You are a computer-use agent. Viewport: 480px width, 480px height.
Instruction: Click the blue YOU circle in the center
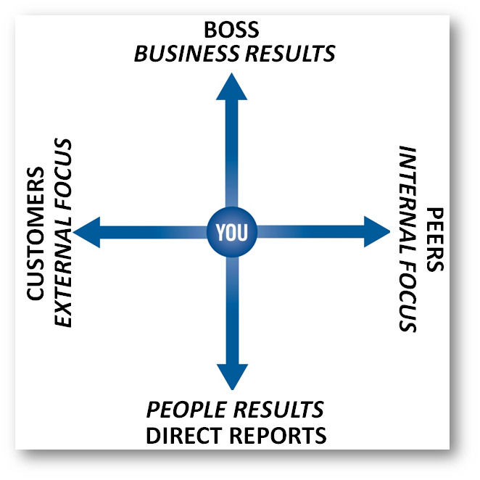[x=232, y=232]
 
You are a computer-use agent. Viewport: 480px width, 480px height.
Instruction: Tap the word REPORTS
[x=277, y=435]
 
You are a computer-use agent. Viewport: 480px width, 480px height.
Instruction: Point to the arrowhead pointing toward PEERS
[x=377, y=232]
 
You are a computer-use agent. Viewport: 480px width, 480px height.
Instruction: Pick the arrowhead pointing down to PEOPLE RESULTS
[x=232, y=377]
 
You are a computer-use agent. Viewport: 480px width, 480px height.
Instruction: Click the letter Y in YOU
[x=220, y=232]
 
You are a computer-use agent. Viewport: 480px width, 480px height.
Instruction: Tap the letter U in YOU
[x=243, y=232]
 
